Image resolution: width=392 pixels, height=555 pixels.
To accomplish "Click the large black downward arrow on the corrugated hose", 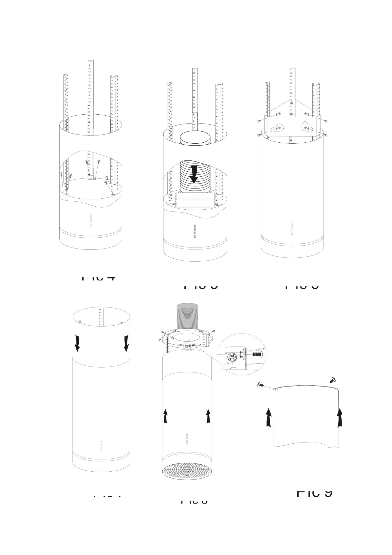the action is (194, 174).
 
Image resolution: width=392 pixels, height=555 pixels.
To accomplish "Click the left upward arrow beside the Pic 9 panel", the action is (269, 418).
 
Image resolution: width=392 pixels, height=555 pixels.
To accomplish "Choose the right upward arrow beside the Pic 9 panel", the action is (340, 418).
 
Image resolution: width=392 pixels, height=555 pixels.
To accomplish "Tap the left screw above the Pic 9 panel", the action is (260, 384).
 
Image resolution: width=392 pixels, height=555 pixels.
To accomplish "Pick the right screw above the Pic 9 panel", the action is (332, 380).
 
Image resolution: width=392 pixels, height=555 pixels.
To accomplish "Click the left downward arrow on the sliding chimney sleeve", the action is (77, 343).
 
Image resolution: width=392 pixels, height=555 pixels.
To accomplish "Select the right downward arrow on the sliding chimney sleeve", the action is (126, 343).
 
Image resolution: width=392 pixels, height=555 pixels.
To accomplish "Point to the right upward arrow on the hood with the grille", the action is (208, 416).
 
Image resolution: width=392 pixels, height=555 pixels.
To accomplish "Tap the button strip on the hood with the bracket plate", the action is (292, 228).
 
